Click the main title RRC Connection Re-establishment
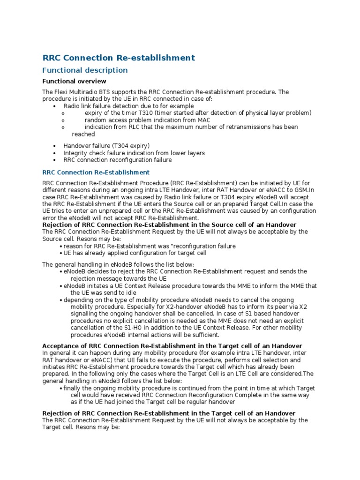[x=119, y=58]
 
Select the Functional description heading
[x=85, y=70]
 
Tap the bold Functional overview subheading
[x=75, y=82]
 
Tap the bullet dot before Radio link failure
[x=55, y=106]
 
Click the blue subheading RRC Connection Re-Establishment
[x=96, y=172]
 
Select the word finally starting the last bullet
[x=73, y=388]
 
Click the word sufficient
[x=205, y=335]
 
